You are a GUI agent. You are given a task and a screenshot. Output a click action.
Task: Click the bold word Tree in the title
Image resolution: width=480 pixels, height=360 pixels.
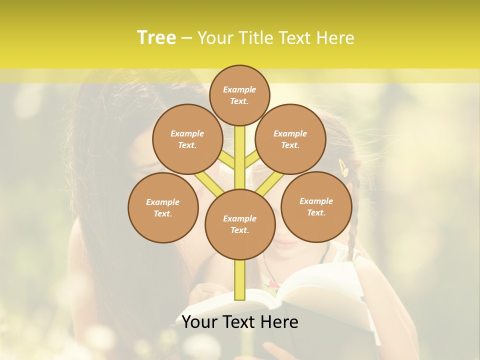156,37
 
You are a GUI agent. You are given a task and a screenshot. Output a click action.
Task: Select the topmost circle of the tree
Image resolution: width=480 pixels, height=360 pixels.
239,95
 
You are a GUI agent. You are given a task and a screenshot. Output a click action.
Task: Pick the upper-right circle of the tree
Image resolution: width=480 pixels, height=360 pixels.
290,139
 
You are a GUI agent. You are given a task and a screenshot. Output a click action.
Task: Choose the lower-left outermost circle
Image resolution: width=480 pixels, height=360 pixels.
163,207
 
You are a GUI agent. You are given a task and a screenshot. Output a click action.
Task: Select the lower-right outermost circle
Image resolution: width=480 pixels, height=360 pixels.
316,206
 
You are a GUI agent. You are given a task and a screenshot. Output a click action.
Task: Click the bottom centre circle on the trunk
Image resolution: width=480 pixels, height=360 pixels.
240,224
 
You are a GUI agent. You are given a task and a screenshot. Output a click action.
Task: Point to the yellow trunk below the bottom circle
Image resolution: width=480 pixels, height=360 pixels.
240,280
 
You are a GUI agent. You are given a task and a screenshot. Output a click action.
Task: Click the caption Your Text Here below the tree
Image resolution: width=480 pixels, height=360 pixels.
240,322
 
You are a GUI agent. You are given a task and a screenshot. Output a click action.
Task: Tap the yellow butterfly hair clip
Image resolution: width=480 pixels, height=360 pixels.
343,167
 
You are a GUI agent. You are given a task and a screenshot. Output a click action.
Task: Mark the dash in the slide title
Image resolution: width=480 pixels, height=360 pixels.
186,38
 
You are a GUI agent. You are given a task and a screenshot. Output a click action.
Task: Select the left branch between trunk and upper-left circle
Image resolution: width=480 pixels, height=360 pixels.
227,159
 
